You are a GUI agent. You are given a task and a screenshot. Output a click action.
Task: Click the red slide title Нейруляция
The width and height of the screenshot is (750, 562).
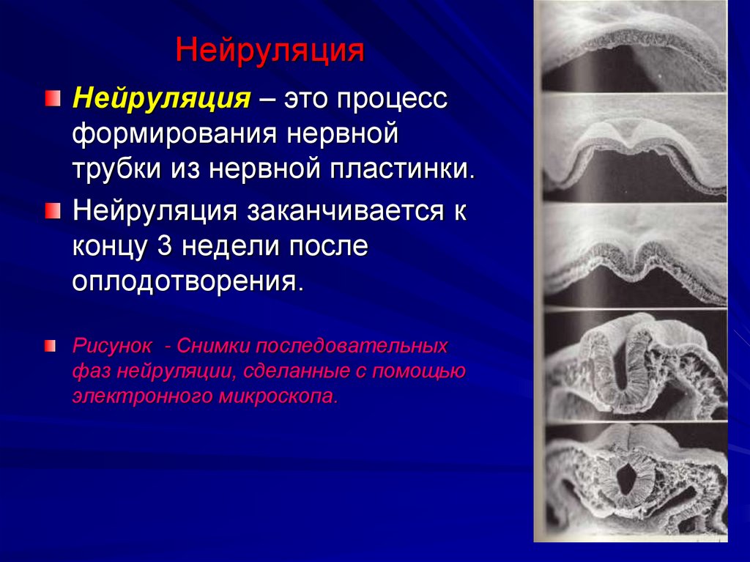pos(270,51)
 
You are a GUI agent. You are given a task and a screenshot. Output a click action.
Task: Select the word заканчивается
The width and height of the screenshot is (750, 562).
pos(338,211)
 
